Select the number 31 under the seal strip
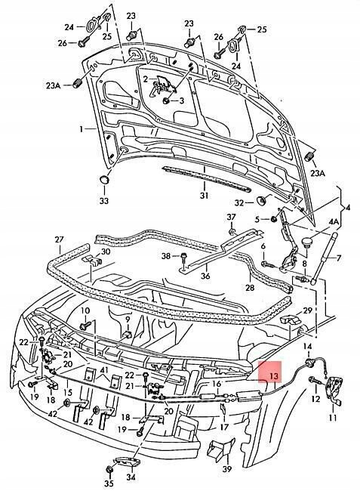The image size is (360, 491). click(203, 196)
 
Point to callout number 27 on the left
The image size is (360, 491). click(59, 239)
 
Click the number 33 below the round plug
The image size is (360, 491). click(103, 201)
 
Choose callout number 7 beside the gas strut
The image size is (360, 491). click(339, 258)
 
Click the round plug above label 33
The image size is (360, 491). click(104, 181)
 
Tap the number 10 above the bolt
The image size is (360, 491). click(85, 310)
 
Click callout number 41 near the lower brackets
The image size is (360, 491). click(104, 369)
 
